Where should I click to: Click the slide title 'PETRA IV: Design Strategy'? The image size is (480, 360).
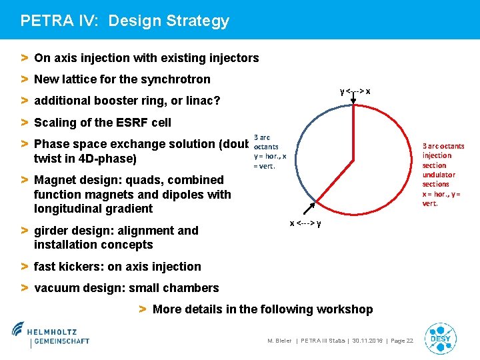tap(125, 21)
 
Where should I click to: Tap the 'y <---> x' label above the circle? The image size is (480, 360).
tap(355, 91)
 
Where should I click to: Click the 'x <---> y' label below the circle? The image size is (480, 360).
tap(305, 223)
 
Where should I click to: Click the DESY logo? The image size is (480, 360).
tap(441, 339)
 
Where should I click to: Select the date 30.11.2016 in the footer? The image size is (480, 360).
tap(366, 341)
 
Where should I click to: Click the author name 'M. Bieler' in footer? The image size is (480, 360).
tap(279, 341)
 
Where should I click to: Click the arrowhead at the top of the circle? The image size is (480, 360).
tap(353, 102)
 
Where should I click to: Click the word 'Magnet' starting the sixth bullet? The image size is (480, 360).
tap(54, 180)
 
